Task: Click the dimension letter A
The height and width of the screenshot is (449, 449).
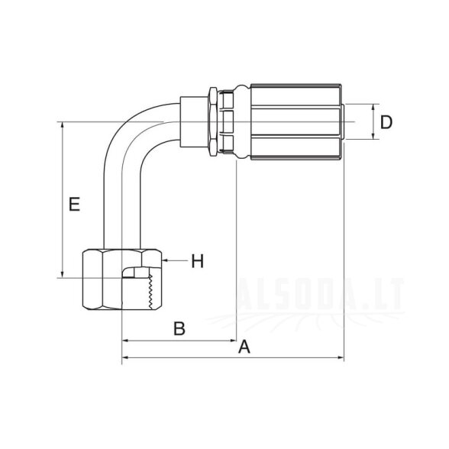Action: pos(244,347)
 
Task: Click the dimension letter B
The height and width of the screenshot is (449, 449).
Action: pos(179,328)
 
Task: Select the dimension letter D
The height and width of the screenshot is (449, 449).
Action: pos(386,122)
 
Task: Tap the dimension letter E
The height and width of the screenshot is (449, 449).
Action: pos(75,204)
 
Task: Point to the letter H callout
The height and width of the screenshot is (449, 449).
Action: pos(198,261)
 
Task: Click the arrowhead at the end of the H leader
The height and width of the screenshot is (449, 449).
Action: pos(164,260)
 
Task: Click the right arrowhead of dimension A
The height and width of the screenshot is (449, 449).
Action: pos(341,357)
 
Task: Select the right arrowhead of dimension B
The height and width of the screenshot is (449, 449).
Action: pos(234,341)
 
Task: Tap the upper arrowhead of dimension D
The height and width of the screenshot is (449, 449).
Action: pos(373,108)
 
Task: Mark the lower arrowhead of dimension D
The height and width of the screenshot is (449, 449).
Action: pos(373,136)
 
